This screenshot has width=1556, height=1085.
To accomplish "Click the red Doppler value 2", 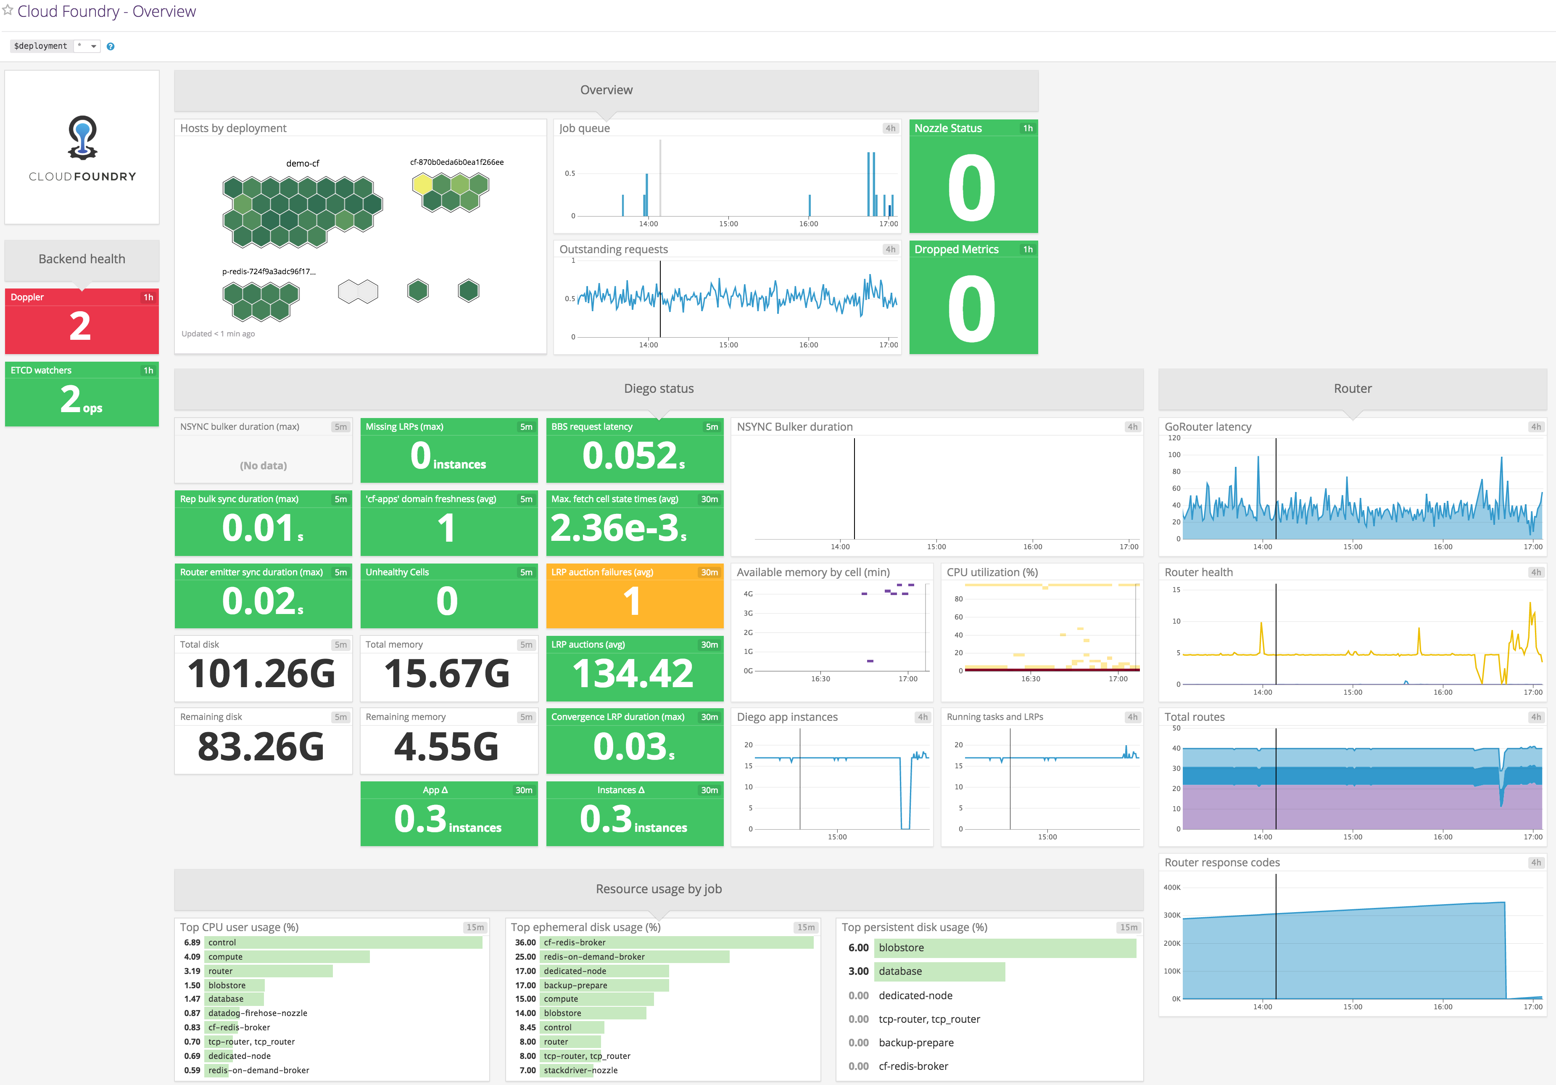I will tap(80, 326).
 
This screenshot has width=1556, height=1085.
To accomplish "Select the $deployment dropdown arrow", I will tap(94, 46).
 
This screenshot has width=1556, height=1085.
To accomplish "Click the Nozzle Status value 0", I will tap(972, 188).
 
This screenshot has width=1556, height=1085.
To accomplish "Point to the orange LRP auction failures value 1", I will tap(632, 601).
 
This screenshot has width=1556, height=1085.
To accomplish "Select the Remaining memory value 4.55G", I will tap(447, 746).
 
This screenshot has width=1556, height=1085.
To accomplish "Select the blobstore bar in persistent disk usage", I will tap(1005, 948).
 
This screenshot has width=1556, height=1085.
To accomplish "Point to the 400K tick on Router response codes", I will tap(1172, 887).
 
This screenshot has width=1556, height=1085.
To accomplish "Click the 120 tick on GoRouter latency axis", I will tap(1174, 438).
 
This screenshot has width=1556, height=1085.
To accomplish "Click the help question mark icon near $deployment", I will tap(111, 46).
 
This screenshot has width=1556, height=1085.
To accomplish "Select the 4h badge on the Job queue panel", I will tap(890, 128).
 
